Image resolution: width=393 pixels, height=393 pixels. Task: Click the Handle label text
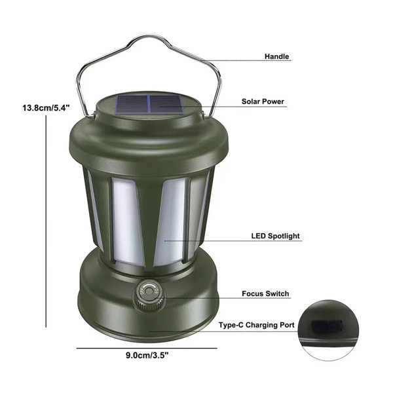coord(276,56)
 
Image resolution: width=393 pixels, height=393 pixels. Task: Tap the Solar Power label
coord(263,102)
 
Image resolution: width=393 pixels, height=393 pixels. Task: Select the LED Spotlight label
coord(276,236)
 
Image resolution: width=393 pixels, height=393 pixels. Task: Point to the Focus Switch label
coord(265,293)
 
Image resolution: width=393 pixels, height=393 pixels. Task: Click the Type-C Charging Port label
coord(256,325)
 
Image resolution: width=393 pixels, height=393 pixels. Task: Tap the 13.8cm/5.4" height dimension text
coord(46,108)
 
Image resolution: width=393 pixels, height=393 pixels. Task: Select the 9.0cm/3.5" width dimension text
coord(147,355)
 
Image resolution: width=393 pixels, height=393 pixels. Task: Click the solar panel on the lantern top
coord(149,103)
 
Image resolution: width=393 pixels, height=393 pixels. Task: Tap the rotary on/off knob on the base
coord(149,296)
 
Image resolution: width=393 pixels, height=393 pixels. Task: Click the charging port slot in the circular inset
coord(327,326)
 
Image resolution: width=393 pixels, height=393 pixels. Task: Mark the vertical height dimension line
coord(46,221)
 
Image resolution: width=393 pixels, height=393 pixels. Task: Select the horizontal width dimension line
coord(147,348)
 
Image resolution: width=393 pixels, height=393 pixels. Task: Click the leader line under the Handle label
coord(246,61)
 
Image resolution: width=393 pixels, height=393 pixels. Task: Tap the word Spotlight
coord(284,236)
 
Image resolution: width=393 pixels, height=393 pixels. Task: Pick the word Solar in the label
coord(250,102)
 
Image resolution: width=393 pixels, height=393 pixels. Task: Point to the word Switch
coord(277,293)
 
